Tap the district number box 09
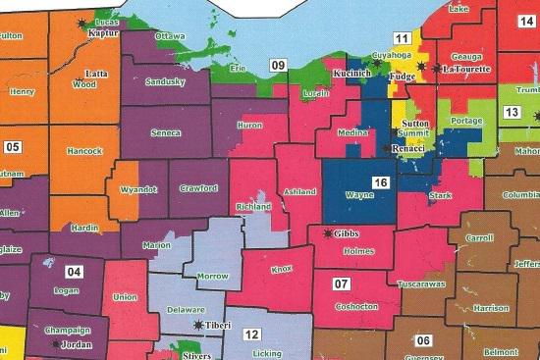[279, 66]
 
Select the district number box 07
[341, 284]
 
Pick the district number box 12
[251, 334]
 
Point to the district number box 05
[12, 148]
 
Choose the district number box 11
[401, 37]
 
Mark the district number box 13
[511, 112]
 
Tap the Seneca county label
[165, 130]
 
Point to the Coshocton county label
[356, 307]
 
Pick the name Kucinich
[352, 74]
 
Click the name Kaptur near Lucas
[103, 33]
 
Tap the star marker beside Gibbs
[326, 233]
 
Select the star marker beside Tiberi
[199, 324]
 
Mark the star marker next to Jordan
[56, 344]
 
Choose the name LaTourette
[464, 71]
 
